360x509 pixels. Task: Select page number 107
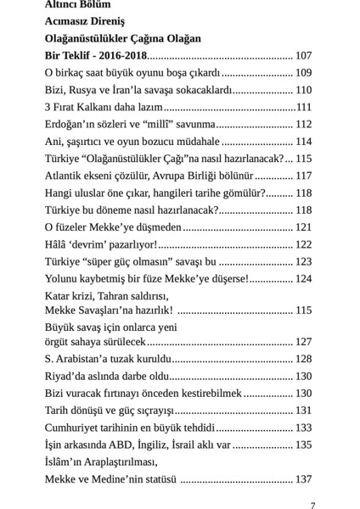(x=303, y=55)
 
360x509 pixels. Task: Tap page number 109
(x=303, y=72)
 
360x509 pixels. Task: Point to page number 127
(x=303, y=341)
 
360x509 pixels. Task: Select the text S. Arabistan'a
(x=82, y=359)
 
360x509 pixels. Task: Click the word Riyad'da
(x=67, y=376)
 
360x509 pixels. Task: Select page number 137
(x=303, y=479)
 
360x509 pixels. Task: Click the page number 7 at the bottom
(x=313, y=506)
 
